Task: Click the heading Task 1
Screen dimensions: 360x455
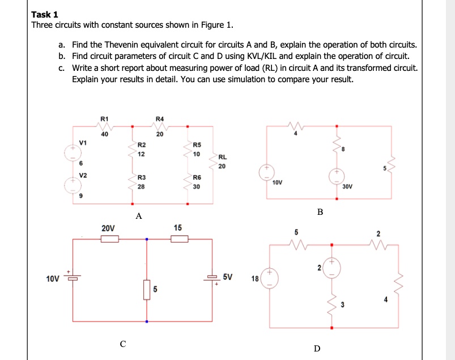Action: (x=45, y=15)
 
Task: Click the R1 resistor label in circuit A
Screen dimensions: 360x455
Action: (x=104, y=119)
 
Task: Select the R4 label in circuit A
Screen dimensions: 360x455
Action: (x=159, y=119)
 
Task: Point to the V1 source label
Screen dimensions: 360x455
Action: (x=83, y=142)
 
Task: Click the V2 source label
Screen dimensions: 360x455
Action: (x=83, y=175)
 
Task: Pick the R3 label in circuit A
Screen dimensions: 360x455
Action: (x=141, y=179)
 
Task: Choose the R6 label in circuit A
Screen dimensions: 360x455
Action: (x=197, y=178)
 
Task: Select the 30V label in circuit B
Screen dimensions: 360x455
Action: (x=348, y=185)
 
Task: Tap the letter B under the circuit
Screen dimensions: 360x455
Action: (x=320, y=212)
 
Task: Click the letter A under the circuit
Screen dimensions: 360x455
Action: (x=138, y=216)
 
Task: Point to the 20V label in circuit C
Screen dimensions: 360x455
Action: (x=108, y=228)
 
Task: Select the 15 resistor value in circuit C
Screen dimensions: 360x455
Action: (x=178, y=228)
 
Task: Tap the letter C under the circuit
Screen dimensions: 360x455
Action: (x=122, y=342)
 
